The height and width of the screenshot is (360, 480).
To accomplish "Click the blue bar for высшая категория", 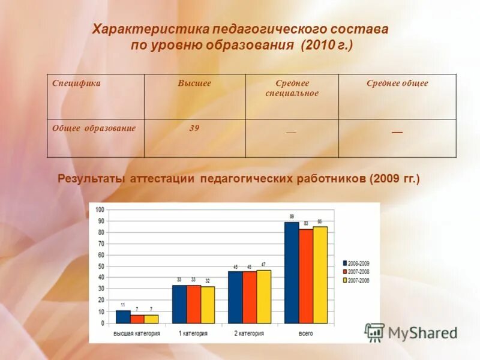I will pyautogui.click(x=122, y=317).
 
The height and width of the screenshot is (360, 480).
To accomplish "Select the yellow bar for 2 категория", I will pyautogui.click(x=263, y=296).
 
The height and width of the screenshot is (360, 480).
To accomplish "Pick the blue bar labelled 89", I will pyautogui.click(x=292, y=273).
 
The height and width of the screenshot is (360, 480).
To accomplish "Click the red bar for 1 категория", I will pyautogui.click(x=193, y=304).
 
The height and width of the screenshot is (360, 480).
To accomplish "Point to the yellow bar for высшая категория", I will pyautogui.click(x=151, y=319).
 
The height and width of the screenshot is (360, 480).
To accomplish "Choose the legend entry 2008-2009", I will pyautogui.click(x=356, y=263).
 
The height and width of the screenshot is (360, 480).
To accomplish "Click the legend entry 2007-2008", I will pyautogui.click(x=356, y=272).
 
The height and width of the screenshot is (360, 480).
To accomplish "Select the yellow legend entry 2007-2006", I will pyautogui.click(x=356, y=280).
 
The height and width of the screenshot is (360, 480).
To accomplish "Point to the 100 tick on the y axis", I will pyautogui.click(x=99, y=209).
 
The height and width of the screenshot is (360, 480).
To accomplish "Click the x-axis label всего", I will pyautogui.click(x=305, y=333).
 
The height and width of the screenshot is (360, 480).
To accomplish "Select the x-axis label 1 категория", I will pyautogui.click(x=193, y=333).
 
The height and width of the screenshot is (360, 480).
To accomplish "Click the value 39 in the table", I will pyautogui.click(x=194, y=128).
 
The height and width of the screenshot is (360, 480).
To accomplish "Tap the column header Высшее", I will pyautogui.click(x=194, y=83).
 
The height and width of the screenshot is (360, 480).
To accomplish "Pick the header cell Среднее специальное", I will pyautogui.click(x=292, y=88).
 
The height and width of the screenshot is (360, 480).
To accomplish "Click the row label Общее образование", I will pyautogui.click(x=94, y=128).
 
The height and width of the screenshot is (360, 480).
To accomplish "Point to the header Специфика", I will pyautogui.click(x=76, y=83).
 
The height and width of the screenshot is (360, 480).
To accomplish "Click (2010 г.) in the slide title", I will pyautogui.click(x=327, y=46).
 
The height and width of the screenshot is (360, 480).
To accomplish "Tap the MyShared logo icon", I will pyautogui.click(x=374, y=332).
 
